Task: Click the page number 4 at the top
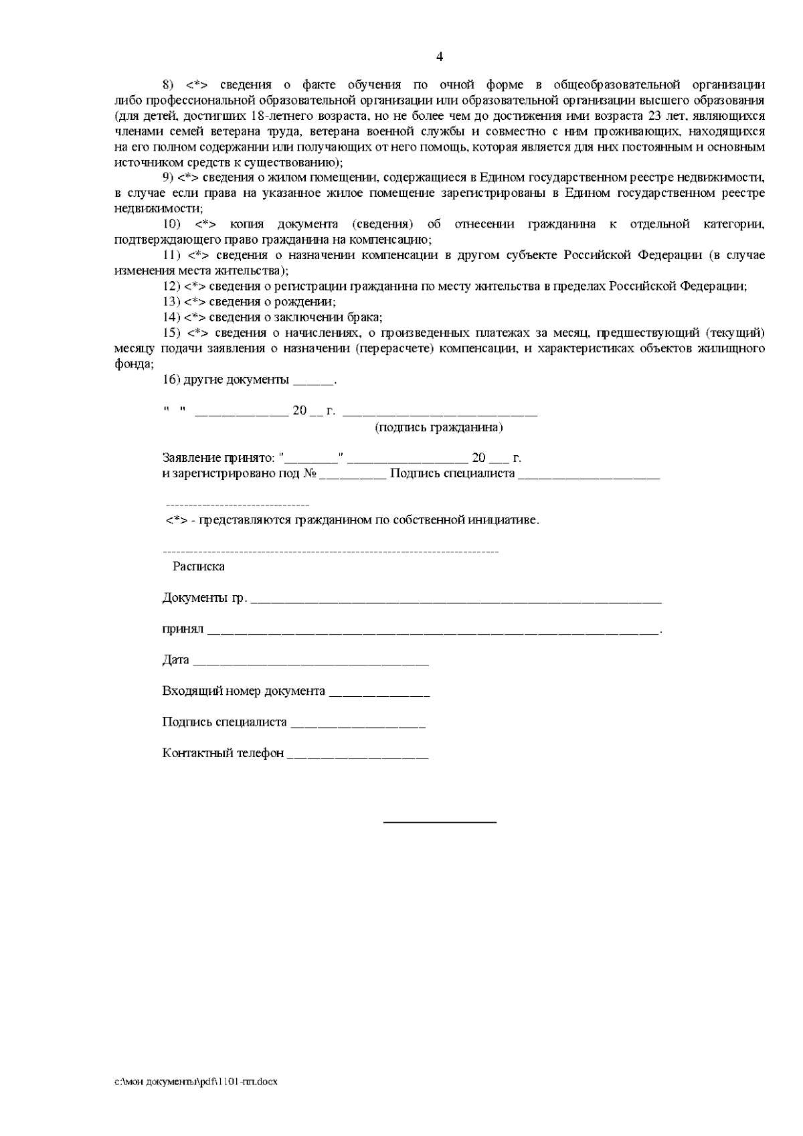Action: tap(439, 57)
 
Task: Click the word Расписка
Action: tap(198, 567)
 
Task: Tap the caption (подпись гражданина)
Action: tap(439, 428)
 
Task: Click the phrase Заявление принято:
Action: tap(218, 459)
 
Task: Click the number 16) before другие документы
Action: tap(171, 380)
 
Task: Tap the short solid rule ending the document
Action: tap(440, 821)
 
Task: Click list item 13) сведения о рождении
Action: tap(250, 302)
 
